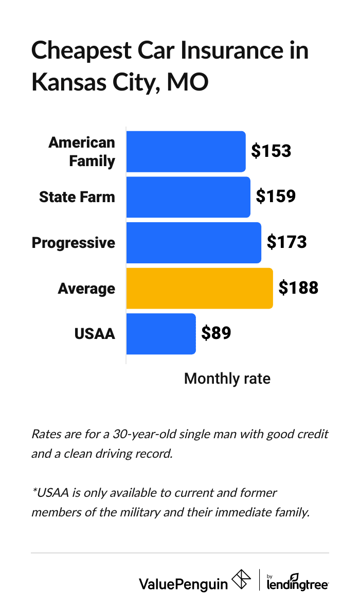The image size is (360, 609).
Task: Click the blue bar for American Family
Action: pyautogui.click(x=186, y=151)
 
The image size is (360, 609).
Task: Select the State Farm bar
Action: pyautogui.click(x=188, y=197)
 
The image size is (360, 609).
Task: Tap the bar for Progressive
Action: pyautogui.click(x=193, y=242)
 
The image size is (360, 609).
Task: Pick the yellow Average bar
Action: pyautogui.click(x=200, y=288)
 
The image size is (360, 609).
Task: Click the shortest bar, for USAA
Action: pyautogui.click(x=161, y=333)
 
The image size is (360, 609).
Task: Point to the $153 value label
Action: pyautogui.click(x=271, y=151)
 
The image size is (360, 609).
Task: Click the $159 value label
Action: pyautogui.click(x=276, y=196)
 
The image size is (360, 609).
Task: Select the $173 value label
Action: pyautogui.click(x=286, y=242)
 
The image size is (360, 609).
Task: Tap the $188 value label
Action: pyautogui.click(x=298, y=288)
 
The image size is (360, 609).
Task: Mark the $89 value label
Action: pyautogui.click(x=216, y=333)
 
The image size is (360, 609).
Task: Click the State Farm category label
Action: pyautogui.click(x=77, y=197)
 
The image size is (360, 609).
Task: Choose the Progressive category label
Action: pyautogui.click(x=74, y=242)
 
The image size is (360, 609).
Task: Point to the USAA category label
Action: pyautogui.click(x=95, y=334)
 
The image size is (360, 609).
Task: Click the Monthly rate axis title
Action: pyautogui.click(x=227, y=379)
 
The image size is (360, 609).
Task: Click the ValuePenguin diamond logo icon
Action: pyautogui.click(x=242, y=580)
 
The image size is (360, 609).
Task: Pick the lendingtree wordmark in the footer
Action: pyautogui.click(x=298, y=583)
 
